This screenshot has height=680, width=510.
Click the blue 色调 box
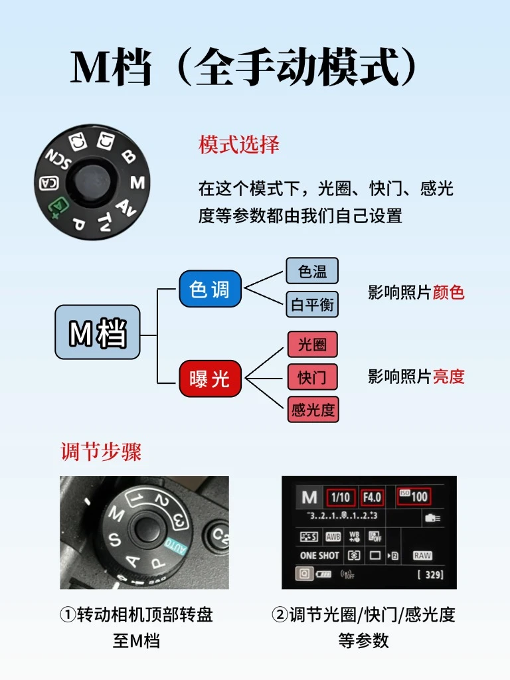click(210, 289)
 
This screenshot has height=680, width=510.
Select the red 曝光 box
click(210, 379)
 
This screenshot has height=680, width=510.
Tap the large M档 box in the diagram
click(98, 332)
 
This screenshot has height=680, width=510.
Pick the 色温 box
click(312, 272)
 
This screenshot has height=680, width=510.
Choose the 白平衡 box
click(312, 305)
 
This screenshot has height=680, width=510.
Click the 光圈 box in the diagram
click(312, 345)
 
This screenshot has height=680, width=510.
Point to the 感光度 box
click(313, 409)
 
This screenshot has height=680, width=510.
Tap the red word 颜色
click(448, 293)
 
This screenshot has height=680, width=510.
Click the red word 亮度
click(448, 377)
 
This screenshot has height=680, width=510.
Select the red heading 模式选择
click(239, 145)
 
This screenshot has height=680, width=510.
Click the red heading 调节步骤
click(101, 452)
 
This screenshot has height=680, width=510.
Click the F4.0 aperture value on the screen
click(372, 497)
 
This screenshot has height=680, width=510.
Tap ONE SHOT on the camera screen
click(319, 555)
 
